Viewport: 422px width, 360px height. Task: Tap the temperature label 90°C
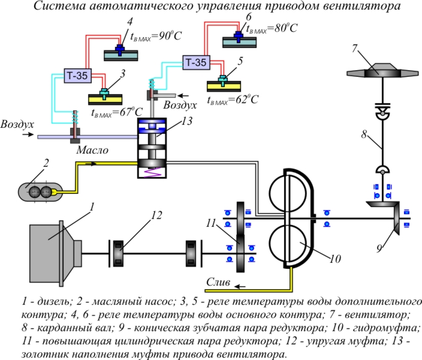coord(154,36)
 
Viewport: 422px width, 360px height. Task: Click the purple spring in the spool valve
coord(153,172)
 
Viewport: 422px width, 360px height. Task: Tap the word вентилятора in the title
coord(362,7)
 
